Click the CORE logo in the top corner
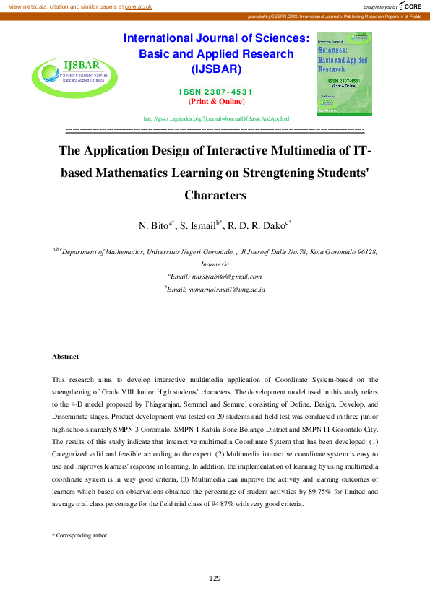click(413, 6)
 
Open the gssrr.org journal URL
click(217, 118)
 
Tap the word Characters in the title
click(216, 195)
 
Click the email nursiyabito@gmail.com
click(215, 276)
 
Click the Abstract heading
click(65, 357)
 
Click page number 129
click(215, 578)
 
